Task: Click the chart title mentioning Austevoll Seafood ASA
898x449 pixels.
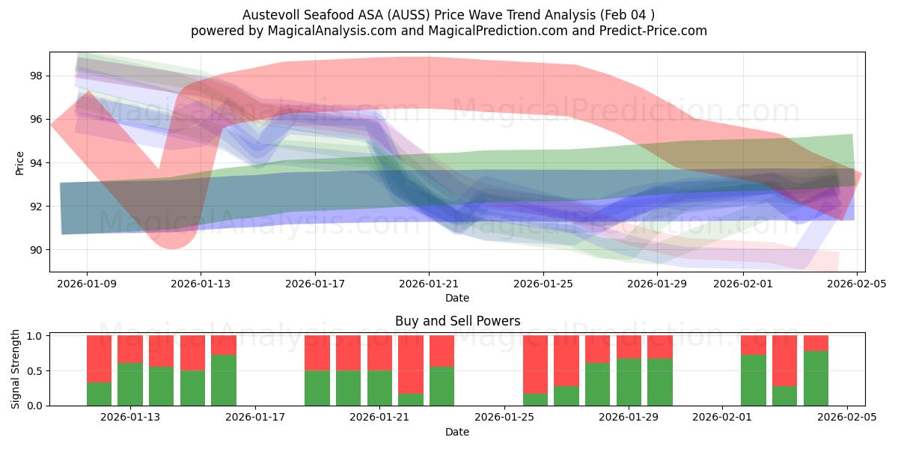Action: click(x=449, y=14)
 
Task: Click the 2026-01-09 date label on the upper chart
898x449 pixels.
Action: click(x=87, y=284)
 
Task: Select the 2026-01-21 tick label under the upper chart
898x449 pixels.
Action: click(x=429, y=284)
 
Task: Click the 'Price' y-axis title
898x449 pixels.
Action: click(x=19, y=162)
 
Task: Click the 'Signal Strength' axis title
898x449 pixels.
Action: click(x=16, y=369)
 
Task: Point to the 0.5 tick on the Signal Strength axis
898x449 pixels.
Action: click(x=35, y=370)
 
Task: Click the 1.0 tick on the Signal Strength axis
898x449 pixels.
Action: click(x=35, y=335)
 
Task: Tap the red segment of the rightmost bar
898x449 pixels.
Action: click(x=816, y=343)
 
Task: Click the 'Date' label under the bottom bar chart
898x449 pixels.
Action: click(x=457, y=432)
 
